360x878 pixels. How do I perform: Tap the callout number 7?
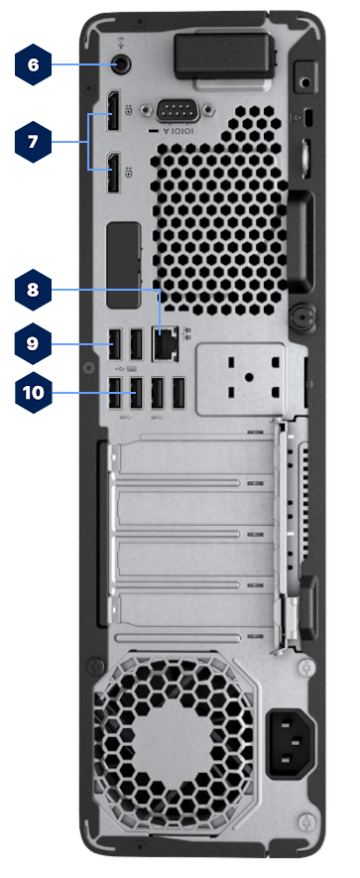pyautogui.click(x=33, y=141)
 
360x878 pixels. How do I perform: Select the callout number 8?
pyautogui.click(x=33, y=290)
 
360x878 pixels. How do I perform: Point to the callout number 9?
pyautogui.click(x=33, y=343)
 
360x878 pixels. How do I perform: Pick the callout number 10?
pyautogui.click(x=34, y=392)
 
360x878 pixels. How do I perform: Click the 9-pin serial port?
pyautogui.click(x=174, y=112)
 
